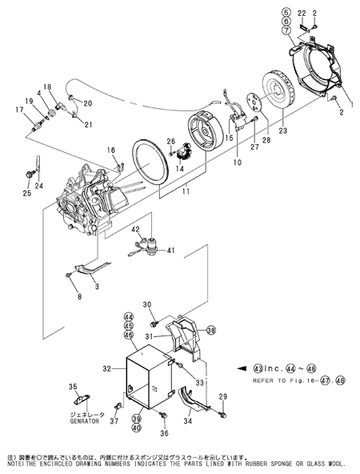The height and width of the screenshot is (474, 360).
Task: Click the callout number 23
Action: [x=282, y=130]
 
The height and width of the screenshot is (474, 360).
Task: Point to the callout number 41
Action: [x=170, y=251]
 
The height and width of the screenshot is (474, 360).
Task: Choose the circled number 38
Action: [x=211, y=331]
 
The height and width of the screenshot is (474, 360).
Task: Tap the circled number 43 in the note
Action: [x=258, y=368]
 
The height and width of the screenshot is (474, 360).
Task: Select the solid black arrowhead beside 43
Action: [x=242, y=368]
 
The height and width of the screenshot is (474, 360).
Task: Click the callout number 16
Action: [x=112, y=150]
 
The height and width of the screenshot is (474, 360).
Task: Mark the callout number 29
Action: [x=223, y=396]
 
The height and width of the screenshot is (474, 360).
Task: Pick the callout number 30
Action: [x=147, y=303]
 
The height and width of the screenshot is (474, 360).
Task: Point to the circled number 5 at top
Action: [x=284, y=13]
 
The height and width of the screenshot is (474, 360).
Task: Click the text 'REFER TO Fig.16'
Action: [x=274, y=381]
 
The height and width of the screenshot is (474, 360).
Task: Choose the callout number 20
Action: [x=87, y=103]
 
